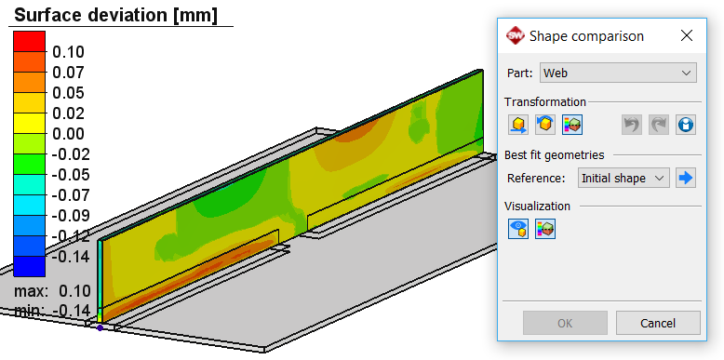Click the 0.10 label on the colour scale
point(68,51)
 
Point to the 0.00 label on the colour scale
point(68,133)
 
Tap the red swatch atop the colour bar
point(28,41)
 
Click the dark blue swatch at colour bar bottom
point(28,267)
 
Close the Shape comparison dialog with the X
point(687,36)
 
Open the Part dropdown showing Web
point(619,73)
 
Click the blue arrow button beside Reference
point(686,178)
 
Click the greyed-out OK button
point(565,323)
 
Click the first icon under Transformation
point(518,125)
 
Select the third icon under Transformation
point(572,125)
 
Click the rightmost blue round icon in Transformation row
point(686,125)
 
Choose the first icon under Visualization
point(518,229)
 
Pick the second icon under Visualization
point(545,229)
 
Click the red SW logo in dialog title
point(515,36)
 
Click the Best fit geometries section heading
point(554,154)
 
